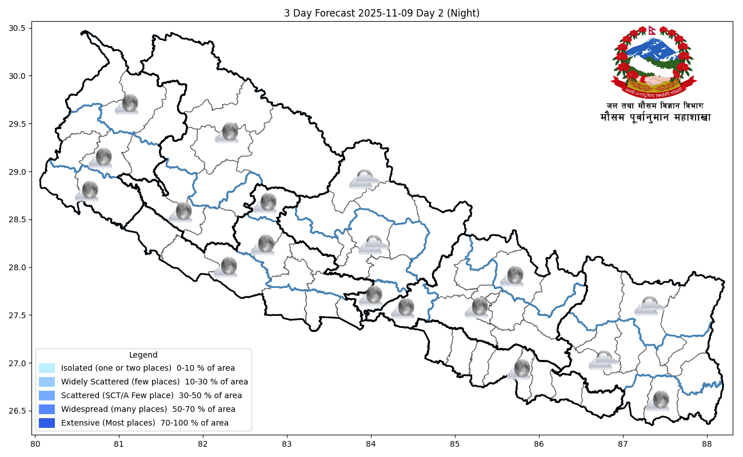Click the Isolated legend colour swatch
pyautogui.click(x=47, y=368)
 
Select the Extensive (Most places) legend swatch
pyautogui.click(x=47, y=423)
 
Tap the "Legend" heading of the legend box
pyautogui.click(x=143, y=355)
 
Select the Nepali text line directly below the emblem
pyautogui.click(x=655, y=106)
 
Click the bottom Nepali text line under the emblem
pyautogui.click(x=655, y=118)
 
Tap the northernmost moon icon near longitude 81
pyautogui.click(x=129, y=104)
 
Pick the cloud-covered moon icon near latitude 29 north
pyautogui.click(x=364, y=179)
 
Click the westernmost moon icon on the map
pyautogui.click(x=89, y=191)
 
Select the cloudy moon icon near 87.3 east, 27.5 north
pyautogui.click(x=649, y=306)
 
